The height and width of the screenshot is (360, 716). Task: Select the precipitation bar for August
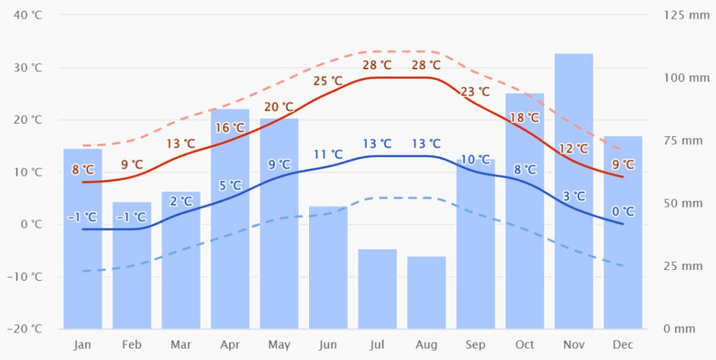(x=426, y=292)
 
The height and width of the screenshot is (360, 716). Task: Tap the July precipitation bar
(x=377, y=289)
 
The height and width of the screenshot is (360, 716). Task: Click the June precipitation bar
(x=328, y=267)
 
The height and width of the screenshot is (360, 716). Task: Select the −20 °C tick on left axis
(x=27, y=329)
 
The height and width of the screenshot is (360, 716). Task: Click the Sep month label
(x=475, y=345)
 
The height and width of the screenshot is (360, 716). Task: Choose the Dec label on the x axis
(x=623, y=345)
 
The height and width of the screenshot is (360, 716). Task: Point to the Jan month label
(x=82, y=345)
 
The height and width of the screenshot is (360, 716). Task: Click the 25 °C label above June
(x=328, y=81)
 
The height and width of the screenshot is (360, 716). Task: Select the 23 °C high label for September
(x=475, y=91)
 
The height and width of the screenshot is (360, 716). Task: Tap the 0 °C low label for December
(x=623, y=211)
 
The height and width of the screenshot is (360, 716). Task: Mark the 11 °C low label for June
(x=328, y=153)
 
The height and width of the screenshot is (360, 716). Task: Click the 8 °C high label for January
(x=83, y=170)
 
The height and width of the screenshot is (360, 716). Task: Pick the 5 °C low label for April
(x=231, y=185)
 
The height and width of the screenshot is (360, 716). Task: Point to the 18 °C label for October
(x=524, y=117)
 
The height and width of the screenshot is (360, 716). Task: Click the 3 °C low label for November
(x=573, y=196)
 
